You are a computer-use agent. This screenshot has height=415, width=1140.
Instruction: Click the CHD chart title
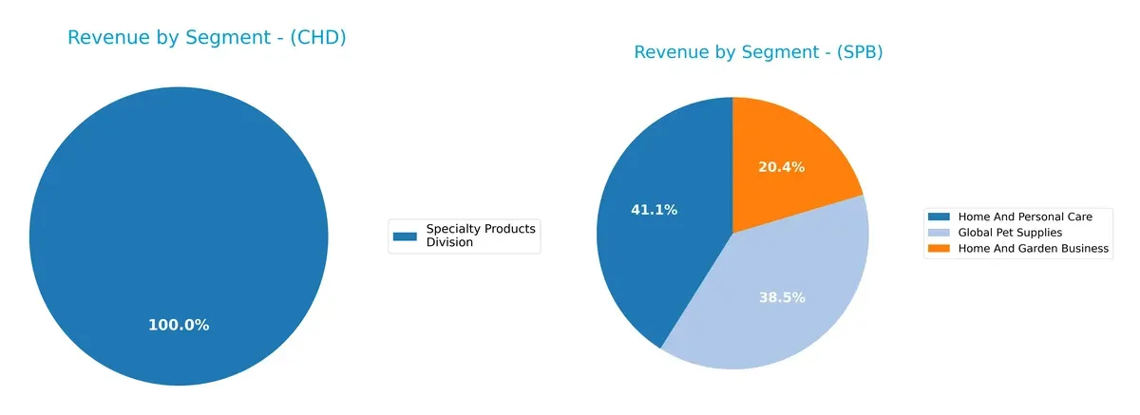click(206, 39)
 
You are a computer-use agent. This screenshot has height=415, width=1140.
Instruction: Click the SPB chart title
click(758, 53)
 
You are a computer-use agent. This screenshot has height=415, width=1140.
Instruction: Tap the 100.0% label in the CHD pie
click(179, 325)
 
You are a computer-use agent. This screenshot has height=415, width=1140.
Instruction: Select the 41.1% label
click(654, 210)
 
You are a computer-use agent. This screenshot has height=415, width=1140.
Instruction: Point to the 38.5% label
click(781, 297)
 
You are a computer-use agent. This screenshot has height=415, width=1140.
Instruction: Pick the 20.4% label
click(781, 167)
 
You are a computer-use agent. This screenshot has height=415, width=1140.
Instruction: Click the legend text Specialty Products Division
click(481, 236)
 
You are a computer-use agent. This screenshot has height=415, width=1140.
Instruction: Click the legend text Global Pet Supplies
click(1010, 233)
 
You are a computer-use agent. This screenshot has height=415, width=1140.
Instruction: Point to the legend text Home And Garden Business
click(1034, 249)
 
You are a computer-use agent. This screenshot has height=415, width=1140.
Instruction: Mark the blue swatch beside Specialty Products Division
click(406, 236)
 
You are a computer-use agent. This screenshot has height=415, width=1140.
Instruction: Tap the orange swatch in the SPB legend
click(940, 249)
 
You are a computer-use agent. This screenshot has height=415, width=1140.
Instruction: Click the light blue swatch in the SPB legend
click(940, 233)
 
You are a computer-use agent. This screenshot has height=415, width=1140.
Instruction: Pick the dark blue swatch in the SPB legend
click(940, 217)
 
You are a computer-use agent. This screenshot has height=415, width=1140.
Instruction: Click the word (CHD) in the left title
click(317, 39)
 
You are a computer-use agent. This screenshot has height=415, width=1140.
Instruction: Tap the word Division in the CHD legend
click(449, 243)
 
